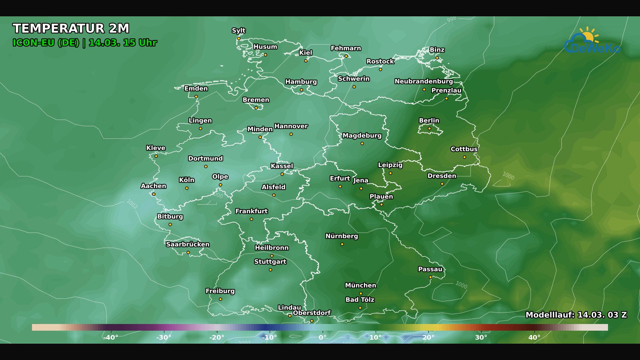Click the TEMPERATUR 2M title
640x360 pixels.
coord(71,29)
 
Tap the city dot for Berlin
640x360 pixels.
coord(429,129)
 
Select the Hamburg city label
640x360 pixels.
coord(301,82)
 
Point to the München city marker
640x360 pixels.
coord(361,294)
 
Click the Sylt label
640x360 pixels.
coord(239,31)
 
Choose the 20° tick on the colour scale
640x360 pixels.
coord(428,337)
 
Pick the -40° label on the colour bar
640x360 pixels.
coord(111,337)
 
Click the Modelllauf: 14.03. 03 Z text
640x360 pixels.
coord(576,315)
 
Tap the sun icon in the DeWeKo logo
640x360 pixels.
coord(588,35)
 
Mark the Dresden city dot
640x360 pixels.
coord(442,184)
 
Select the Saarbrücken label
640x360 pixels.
coord(188,244)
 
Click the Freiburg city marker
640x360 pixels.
coord(220,299)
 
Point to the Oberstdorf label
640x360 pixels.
coord(312,313)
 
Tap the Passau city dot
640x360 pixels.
coord(430,277)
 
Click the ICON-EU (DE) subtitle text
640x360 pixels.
coord(46,43)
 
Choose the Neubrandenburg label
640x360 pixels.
coord(424,81)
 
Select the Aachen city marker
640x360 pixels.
coord(154,194)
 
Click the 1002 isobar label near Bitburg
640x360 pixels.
coord(132,204)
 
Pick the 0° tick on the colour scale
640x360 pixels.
coord(323,337)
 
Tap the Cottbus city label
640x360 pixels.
coord(464,149)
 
